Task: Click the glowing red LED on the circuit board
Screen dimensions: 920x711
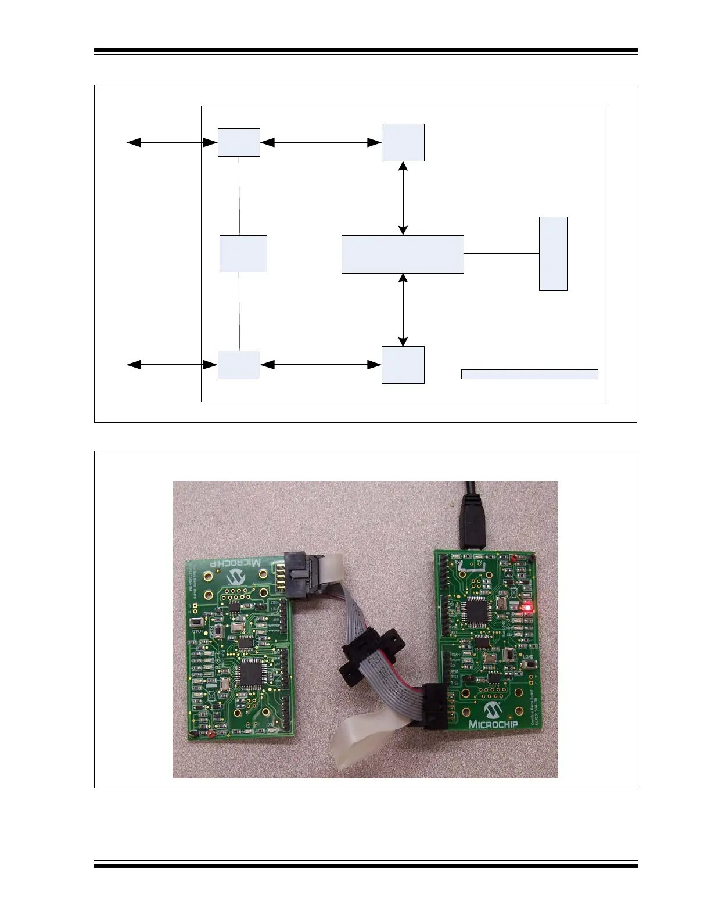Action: point(528,608)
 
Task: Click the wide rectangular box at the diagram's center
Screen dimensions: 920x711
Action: point(403,254)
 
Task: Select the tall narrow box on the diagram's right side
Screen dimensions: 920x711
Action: point(553,253)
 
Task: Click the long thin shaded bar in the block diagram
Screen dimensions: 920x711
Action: point(529,374)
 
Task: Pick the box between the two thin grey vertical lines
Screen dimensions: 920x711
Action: point(243,253)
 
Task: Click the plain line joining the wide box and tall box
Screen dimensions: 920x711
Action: point(501,254)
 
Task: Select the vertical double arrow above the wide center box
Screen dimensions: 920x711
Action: point(403,198)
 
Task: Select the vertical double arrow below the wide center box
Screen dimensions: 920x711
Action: point(403,310)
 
